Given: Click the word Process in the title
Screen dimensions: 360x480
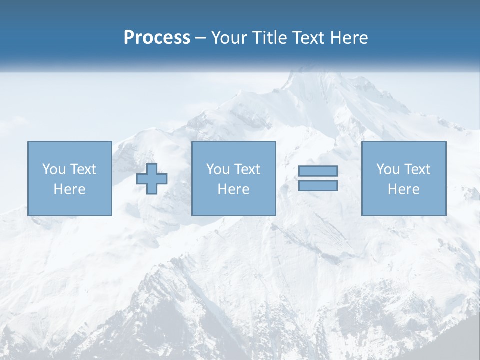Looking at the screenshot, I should (157, 38).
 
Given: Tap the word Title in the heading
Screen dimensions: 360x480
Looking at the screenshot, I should (269, 38).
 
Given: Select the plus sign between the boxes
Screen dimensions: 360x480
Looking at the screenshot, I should (152, 179).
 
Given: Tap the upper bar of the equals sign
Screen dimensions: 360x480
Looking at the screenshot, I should (318, 171).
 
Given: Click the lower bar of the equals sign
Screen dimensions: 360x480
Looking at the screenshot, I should (318, 186).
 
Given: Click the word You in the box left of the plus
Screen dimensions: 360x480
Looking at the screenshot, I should (54, 169).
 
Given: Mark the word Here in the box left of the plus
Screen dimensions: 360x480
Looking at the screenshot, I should (69, 189).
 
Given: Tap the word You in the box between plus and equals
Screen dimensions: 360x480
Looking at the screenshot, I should (218, 169).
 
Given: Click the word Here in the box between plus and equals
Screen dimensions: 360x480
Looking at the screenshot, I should (233, 189).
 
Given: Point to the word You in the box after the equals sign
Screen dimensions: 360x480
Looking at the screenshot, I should (388, 169).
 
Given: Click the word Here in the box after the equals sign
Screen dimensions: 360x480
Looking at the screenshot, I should (403, 189).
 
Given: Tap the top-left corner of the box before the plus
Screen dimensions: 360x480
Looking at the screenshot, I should (28, 142).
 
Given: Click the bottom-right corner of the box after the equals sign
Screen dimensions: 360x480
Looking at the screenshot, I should (446, 215).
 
